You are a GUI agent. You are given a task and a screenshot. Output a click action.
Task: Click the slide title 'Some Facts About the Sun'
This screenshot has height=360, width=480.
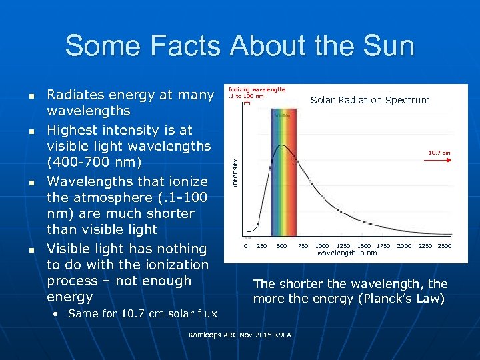pyautogui.click(x=239, y=46)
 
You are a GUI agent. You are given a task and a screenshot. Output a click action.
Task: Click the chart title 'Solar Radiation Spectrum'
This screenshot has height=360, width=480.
pyautogui.click(x=370, y=100)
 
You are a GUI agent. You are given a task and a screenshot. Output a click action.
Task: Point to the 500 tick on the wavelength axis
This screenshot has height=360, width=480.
pyautogui.click(x=282, y=246)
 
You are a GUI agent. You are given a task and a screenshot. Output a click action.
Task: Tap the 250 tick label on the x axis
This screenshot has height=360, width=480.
pyautogui.click(x=263, y=246)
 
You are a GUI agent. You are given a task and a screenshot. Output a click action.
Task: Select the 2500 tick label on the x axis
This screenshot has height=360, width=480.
pyautogui.click(x=444, y=246)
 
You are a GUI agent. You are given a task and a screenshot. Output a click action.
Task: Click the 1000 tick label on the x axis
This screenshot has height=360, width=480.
pyautogui.click(x=322, y=246)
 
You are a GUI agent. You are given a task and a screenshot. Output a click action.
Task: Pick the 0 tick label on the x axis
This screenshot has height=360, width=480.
pyautogui.click(x=245, y=246)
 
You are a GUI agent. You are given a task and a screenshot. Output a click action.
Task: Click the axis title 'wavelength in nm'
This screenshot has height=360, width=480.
pyautogui.click(x=347, y=253)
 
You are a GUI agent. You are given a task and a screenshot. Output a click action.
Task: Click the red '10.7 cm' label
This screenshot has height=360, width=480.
pyautogui.click(x=439, y=153)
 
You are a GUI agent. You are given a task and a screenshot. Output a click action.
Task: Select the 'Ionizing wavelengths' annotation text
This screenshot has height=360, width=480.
pyautogui.click(x=257, y=88)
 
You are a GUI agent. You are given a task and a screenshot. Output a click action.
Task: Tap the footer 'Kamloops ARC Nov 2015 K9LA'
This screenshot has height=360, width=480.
pyautogui.click(x=240, y=333)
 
